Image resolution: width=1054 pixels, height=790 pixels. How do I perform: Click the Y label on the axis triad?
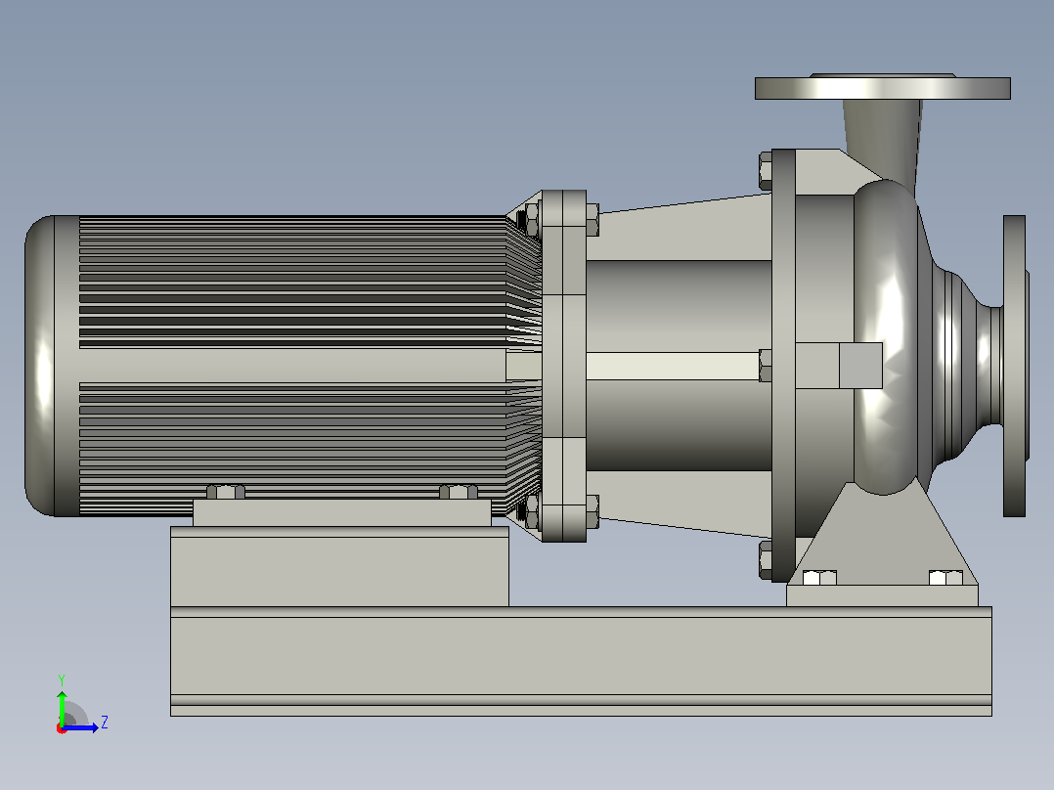62,680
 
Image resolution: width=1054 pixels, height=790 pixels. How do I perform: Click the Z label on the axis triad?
105,723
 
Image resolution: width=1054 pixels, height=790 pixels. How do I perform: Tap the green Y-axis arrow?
62,708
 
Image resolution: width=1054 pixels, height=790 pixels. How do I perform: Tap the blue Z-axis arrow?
80,727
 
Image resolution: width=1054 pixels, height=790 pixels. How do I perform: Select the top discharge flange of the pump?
883,87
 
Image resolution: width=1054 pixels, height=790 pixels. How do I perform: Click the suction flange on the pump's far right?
1015,366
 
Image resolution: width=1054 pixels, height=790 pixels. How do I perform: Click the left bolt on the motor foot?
226,492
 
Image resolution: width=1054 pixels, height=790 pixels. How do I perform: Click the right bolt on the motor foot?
459,492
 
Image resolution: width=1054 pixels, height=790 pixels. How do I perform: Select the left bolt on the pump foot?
819,577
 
